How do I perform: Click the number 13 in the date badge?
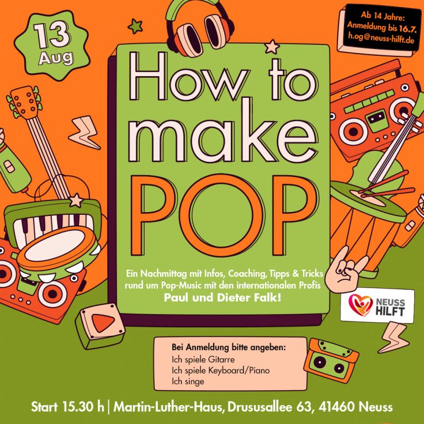[x=52, y=35]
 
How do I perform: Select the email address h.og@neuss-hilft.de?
[x=381, y=38]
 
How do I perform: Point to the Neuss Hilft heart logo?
[x=360, y=305]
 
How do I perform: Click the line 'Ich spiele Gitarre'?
[x=203, y=359]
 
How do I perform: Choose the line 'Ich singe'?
[x=188, y=381]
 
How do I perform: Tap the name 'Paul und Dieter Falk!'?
[x=222, y=298]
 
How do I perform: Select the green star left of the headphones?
[x=135, y=26]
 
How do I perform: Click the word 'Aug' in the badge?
[x=56, y=58]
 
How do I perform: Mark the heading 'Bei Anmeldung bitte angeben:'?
[x=229, y=347]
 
